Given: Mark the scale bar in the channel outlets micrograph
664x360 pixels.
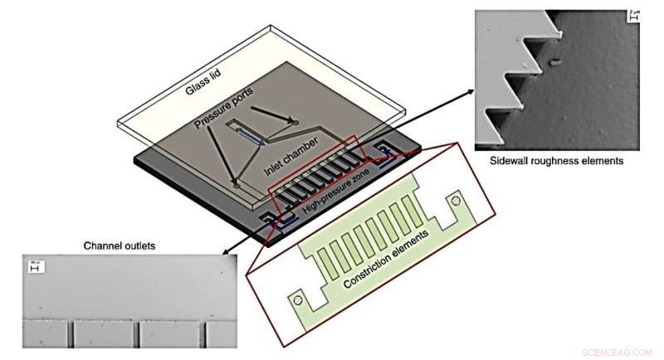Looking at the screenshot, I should (x=36, y=266).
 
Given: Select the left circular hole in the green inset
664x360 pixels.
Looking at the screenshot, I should (x=297, y=296).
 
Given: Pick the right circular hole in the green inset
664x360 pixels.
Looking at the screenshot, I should (x=454, y=201).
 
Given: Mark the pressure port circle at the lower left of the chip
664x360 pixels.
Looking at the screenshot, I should (x=236, y=186).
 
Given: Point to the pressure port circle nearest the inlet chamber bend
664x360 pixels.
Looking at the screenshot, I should (x=295, y=123).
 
